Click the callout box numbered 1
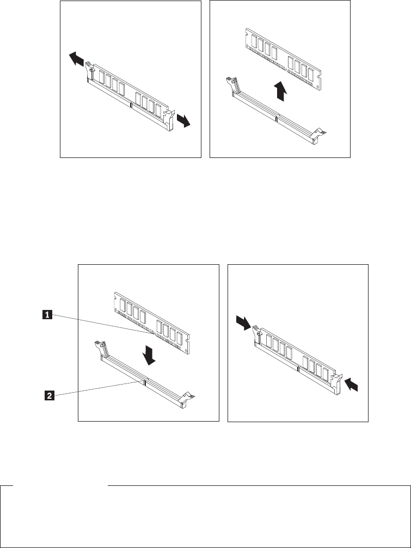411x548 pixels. [x=48, y=314]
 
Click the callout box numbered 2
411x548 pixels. [x=48, y=396]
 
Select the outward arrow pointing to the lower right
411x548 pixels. [x=185, y=120]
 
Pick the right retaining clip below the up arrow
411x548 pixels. [x=320, y=133]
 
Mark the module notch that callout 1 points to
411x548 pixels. [x=149, y=330]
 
